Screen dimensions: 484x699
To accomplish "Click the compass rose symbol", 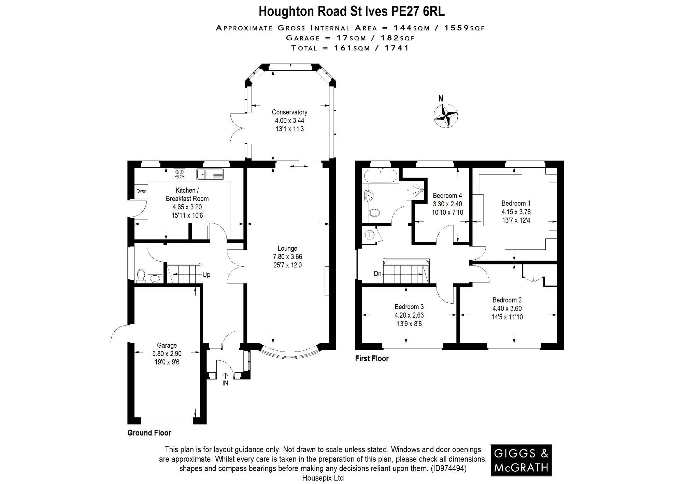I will coord(445,116).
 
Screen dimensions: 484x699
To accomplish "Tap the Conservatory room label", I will coord(289,112).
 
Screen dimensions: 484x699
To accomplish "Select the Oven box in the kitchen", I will coord(141,191).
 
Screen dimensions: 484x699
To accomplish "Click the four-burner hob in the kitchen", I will coord(180,174).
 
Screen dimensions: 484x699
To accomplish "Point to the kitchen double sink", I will coord(210,174).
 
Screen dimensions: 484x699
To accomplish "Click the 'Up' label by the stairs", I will coord(206,275).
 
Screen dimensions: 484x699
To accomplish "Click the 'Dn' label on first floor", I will coord(377,274).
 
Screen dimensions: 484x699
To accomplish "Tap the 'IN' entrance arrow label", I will coord(225,383).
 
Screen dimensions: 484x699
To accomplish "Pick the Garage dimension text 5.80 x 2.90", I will coord(167,354).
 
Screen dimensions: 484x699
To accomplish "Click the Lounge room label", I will coord(287,248).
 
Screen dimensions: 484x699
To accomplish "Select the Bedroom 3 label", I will coord(409,307).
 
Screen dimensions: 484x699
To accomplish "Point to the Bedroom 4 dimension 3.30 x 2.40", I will coord(447,204).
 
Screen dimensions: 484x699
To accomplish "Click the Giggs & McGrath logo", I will coord(521,460).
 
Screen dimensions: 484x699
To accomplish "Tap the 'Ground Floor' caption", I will coord(149,433).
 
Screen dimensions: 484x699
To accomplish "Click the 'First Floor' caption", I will coord(372,358).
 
